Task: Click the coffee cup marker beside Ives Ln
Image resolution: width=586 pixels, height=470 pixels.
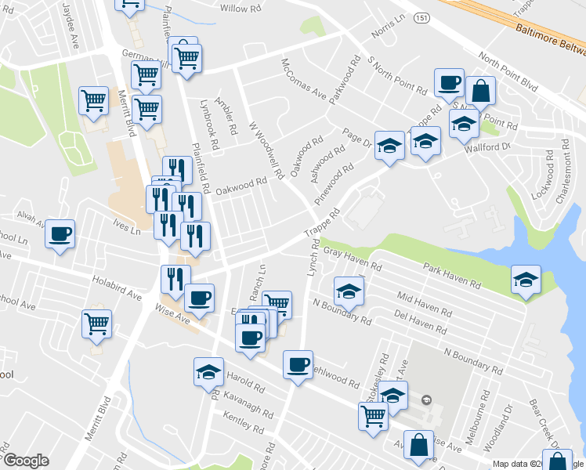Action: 60,233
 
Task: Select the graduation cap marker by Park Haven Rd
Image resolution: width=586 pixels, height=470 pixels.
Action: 526,279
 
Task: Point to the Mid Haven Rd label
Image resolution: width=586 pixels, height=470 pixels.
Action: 425,299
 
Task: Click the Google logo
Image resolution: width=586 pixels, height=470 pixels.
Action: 26,461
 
